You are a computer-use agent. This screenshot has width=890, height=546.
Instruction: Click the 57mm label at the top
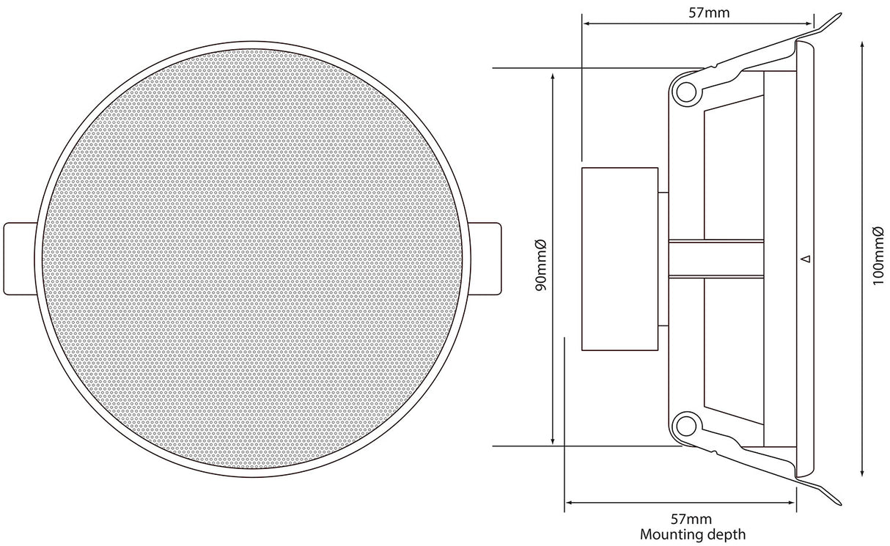[x=709, y=12]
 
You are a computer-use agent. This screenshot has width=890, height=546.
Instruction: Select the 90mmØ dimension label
[x=541, y=265]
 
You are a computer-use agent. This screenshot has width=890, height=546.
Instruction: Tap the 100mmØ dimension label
[x=878, y=255]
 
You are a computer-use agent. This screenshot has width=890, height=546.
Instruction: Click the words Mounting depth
[x=693, y=534]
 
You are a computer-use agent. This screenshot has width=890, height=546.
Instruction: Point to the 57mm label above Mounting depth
[x=691, y=519]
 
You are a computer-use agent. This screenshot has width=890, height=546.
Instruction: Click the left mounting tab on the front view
[x=20, y=259]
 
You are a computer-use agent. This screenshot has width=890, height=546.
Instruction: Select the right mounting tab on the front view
[x=485, y=259]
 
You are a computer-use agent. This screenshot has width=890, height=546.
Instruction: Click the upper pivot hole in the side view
[x=686, y=92]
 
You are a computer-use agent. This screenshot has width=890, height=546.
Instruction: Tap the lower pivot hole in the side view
[x=686, y=427]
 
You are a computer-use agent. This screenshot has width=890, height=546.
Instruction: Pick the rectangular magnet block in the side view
[x=619, y=259]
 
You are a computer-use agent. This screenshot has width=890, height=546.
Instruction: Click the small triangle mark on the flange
[x=806, y=259]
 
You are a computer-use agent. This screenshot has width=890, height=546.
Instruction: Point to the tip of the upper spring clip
[x=840, y=15]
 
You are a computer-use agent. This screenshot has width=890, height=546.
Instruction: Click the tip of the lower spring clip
[x=840, y=503]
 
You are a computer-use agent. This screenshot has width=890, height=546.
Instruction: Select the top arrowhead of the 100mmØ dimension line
[x=862, y=45]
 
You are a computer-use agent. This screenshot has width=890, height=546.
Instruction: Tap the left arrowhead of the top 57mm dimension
[x=585, y=24]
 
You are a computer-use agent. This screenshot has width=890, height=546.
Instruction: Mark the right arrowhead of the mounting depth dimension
[x=793, y=503]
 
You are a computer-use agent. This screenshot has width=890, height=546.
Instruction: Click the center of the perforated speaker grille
[x=252, y=259]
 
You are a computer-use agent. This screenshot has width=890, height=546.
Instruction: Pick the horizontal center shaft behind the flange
[x=716, y=259]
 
